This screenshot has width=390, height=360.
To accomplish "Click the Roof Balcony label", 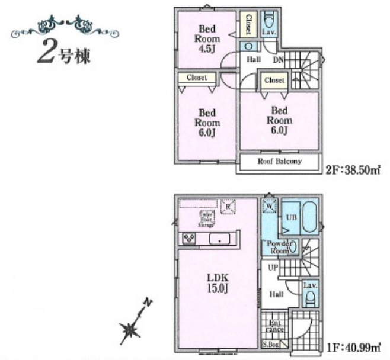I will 279,161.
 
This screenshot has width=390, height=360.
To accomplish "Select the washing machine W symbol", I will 269,206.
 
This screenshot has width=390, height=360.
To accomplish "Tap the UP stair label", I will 273,268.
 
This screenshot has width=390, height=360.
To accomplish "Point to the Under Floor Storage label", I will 206,218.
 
